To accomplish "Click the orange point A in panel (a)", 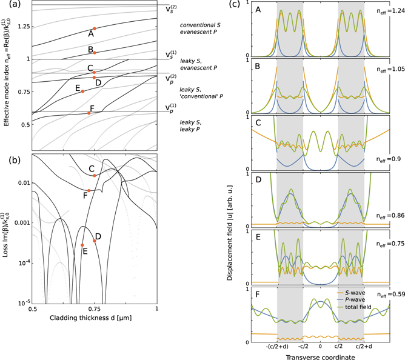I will (94, 28).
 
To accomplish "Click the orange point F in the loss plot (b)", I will (89, 191).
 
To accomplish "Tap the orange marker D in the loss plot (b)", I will (95, 241).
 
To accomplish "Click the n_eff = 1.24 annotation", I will (385, 12).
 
